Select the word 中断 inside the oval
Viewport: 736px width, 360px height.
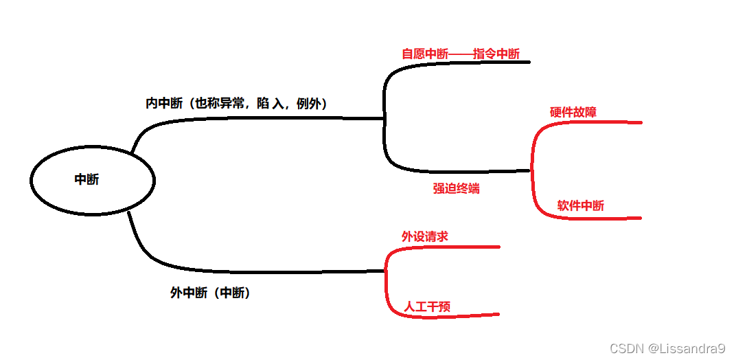coord(87,179)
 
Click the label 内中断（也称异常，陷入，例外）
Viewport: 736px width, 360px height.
coord(235,104)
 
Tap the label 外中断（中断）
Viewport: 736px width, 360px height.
coord(210,293)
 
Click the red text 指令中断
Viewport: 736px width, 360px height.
coord(496,54)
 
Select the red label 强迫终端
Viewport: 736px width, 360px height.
coord(456,188)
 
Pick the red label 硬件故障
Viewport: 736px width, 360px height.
coord(573,112)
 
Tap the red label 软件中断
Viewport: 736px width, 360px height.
coord(581,205)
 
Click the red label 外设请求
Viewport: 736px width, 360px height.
coord(425,236)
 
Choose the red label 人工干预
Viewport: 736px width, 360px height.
coord(427,306)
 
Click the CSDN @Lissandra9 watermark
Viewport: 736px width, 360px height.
coord(667,348)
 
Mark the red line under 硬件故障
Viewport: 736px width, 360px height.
coord(597,123)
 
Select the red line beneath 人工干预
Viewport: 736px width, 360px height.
coord(453,316)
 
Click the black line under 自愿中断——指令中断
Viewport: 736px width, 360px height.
coord(467,63)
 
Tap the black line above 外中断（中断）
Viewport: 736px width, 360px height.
coord(275,271)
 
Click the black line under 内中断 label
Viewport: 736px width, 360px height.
coord(275,118)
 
